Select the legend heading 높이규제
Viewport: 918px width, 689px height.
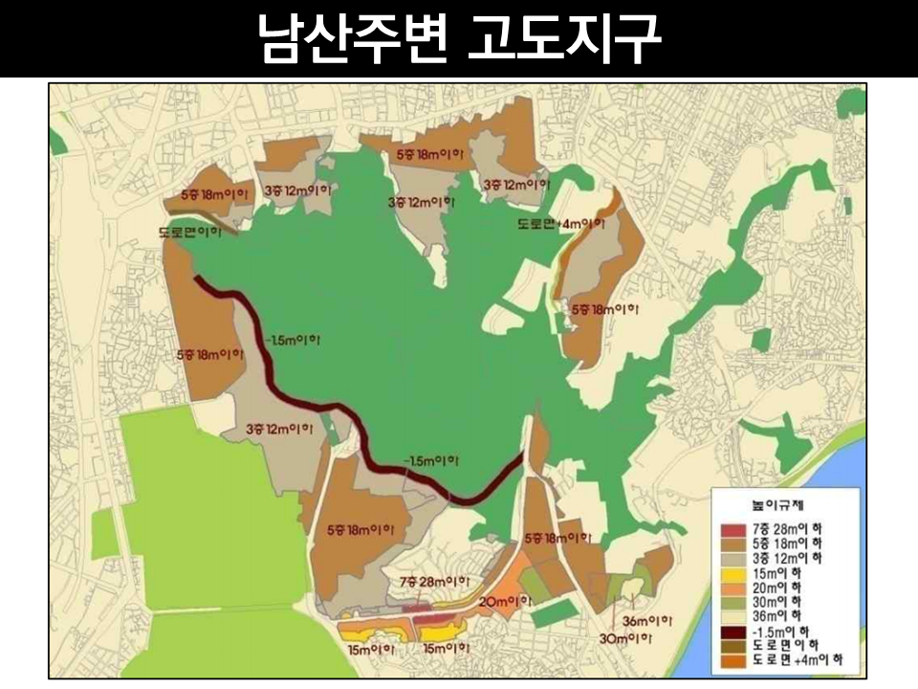[773, 503]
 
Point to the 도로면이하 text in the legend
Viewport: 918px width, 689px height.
[786, 645]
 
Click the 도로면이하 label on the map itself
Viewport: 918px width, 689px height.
[190, 232]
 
